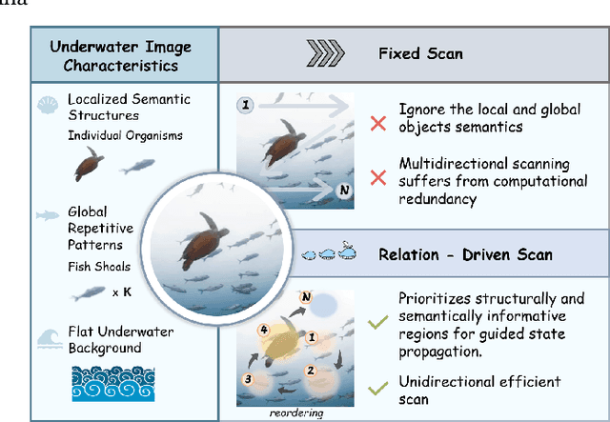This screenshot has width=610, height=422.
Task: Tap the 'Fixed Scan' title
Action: (x=419, y=53)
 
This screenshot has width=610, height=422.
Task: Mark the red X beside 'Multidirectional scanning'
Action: (x=377, y=176)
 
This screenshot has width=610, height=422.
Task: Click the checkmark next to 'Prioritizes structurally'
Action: (x=377, y=324)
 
